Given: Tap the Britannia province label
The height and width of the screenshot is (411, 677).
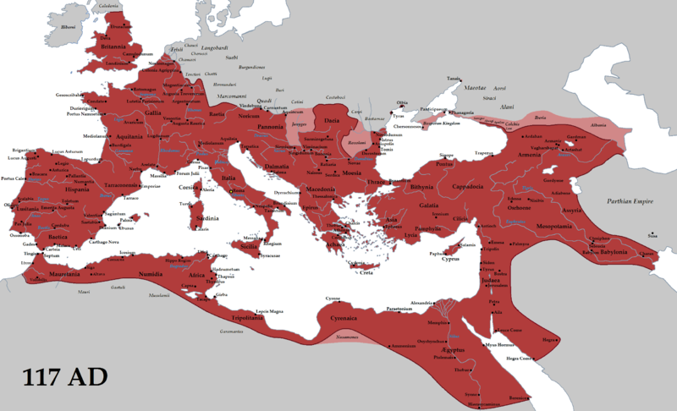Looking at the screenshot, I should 116,47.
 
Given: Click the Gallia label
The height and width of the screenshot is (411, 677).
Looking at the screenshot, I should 151,112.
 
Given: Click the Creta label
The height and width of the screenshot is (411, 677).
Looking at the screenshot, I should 366,272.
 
